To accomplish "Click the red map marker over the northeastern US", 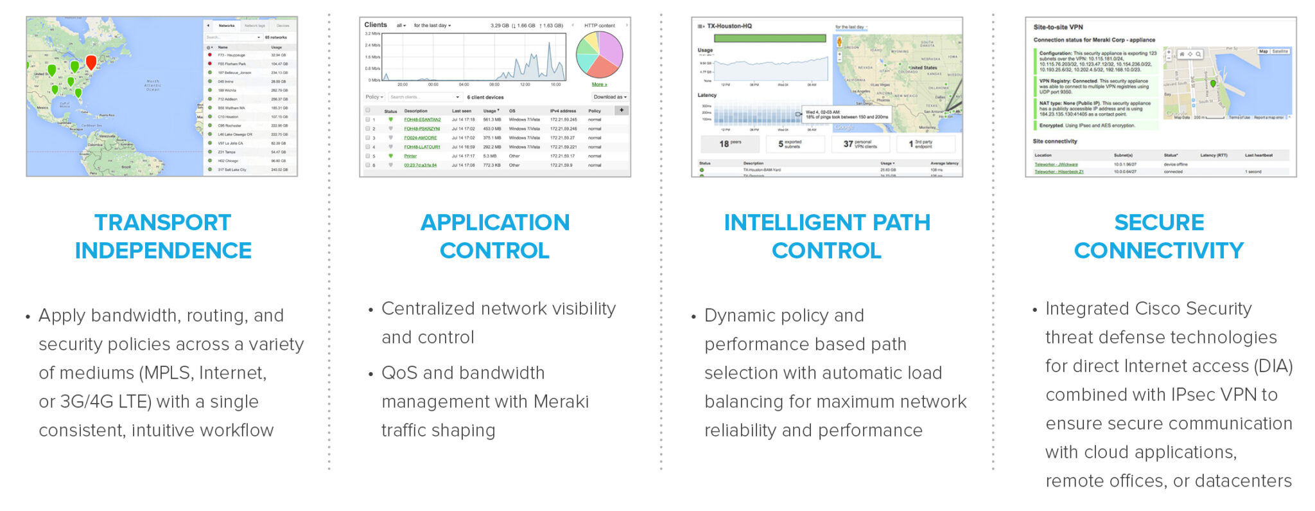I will coord(91,62).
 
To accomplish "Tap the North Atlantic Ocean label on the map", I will coord(153,85).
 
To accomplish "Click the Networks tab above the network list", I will coord(226,26).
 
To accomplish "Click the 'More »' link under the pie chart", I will coord(599,84).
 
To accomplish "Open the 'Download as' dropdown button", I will coord(609,97).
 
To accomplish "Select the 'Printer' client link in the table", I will coord(410,156).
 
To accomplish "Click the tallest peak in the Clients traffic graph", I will coord(550,45).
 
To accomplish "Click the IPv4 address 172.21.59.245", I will coord(563,120).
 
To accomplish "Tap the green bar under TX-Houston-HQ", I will coord(770,39).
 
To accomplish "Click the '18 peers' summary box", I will coord(729,144).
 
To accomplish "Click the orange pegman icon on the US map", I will coord(839,42).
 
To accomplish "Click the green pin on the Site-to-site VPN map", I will coord(1213,84).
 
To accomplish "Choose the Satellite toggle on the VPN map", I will coord(1280,51).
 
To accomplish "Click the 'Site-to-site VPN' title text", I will coord(1058,27).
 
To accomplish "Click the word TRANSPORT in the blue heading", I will coord(162,222).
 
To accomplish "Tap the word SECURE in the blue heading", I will coord(1159,222).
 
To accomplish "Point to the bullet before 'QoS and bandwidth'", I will coord(370,374).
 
